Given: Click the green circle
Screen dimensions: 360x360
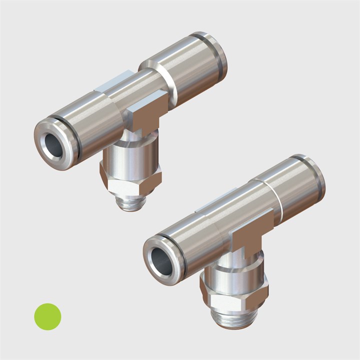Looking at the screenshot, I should tap(47, 316).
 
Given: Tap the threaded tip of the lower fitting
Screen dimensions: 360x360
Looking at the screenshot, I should tap(234, 318).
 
